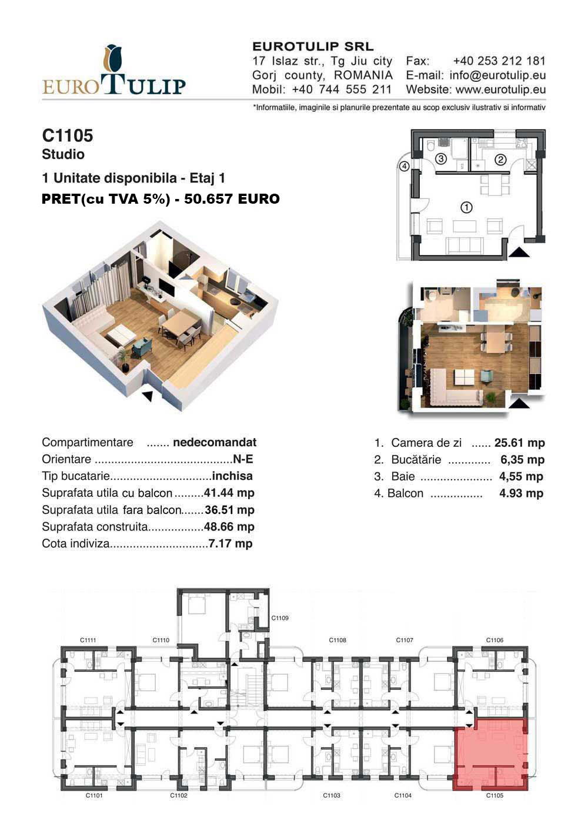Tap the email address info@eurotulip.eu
[497, 75]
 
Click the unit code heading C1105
[68, 136]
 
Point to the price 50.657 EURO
[232, 199]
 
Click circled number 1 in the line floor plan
[466, 207]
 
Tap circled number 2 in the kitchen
[500, 160]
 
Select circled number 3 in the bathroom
[440, 159]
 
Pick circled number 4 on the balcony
[405, 166]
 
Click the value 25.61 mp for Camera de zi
[519, 443]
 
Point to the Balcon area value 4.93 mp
[521, 493]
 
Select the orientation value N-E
[243, 459]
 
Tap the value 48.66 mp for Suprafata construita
[229, 526]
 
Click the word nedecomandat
[215, 442]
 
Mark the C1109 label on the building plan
[280, 618]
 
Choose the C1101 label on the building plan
[94, 795]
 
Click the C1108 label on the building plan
[338, 640]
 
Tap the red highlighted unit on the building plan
[490, 754]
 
